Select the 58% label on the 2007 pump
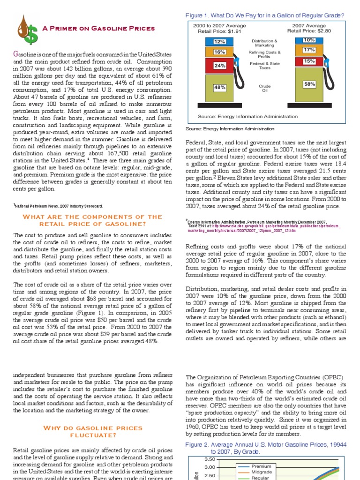(x=309, y=84)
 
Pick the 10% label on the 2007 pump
(x=309, y=40)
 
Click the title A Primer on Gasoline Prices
(x=98, y=29)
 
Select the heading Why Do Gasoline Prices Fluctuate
(x=93, y=431)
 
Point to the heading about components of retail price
(x=93, y=220)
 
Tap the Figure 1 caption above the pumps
(x=265, y=15)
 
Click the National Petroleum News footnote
(x=59, y=206)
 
